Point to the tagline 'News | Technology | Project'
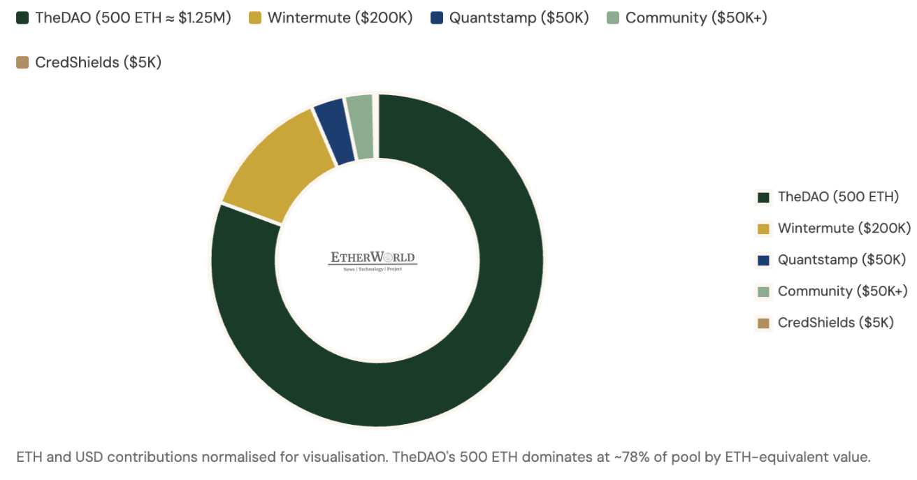point(373,269)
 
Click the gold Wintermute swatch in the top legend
point(255,18)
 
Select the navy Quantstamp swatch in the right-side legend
point(763,260)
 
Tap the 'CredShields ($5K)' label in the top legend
point(99,63)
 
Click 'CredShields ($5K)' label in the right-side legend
point(835,323)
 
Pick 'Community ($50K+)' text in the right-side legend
point(842,291)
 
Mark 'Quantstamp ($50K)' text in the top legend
point(519,18)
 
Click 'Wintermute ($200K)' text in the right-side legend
point(844,228)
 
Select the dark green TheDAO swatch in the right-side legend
point(763,197)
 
